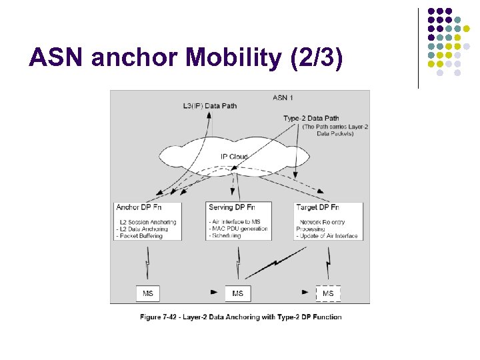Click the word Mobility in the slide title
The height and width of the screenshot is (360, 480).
click(x=235, y=59)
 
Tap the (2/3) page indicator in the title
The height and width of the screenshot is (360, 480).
click(x=317, y=59)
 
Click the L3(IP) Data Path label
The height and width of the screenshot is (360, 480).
click(x=209, y=105)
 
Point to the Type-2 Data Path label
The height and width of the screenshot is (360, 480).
click(x=311, y=119)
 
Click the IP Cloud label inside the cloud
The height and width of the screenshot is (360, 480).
click(x=234, y=157)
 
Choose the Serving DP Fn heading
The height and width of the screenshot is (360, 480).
click(x=234, y=207)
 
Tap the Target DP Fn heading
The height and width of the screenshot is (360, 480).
click(x=317, y=207)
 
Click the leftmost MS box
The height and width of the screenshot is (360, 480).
click(x=147, y=293)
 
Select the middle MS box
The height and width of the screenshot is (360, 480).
click(x=238, y=293)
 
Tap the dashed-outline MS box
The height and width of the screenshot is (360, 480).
click(x=328, y=293)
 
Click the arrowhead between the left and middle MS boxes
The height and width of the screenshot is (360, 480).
click(x=214, y=293)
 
